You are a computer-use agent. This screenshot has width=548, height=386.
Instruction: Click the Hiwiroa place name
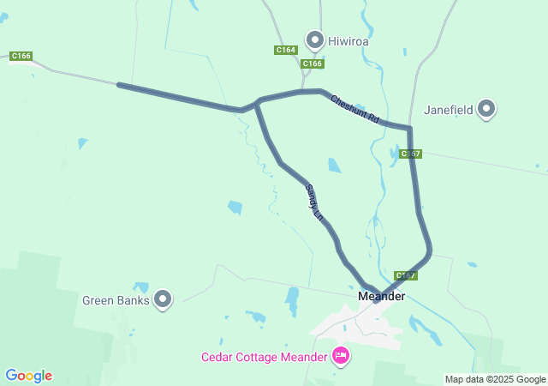347,40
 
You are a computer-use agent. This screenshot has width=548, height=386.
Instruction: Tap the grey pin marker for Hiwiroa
315,39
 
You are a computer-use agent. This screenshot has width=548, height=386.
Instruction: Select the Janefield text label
448,110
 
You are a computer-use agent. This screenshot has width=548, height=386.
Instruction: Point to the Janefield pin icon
486,109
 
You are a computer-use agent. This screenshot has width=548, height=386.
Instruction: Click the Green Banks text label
116,300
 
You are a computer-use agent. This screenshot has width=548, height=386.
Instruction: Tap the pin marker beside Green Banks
163,299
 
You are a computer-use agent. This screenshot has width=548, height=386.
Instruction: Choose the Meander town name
381,296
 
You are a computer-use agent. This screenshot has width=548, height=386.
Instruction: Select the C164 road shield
286,51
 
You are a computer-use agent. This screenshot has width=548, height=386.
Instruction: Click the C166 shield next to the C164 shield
313,63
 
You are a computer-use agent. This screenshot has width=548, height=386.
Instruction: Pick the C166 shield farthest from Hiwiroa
21,57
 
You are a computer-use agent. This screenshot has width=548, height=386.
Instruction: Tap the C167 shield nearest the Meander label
406,275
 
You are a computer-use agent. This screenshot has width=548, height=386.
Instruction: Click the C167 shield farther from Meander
411,154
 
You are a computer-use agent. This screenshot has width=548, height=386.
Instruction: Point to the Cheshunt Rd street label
355,111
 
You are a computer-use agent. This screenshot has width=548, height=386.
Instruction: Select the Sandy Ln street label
314,203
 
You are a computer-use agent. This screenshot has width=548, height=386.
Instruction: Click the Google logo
28,376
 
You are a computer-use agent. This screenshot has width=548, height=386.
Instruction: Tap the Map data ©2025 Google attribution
495,379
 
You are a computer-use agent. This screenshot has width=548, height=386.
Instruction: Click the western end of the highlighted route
120,85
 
